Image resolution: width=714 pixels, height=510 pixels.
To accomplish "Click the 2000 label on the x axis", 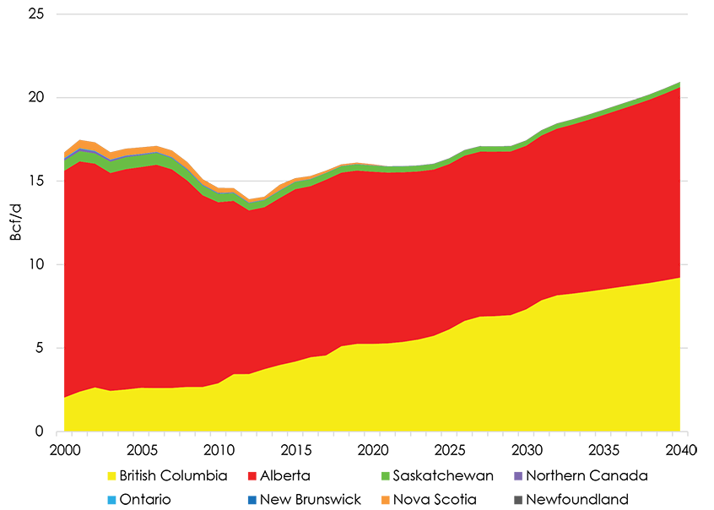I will [x=64, y=448].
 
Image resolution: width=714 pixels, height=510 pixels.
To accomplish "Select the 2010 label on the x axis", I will [x=219, y=448].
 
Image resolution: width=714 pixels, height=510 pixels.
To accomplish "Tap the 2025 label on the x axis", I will [x=449, y=448].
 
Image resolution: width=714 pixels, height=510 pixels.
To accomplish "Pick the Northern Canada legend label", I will [x=587, y=476].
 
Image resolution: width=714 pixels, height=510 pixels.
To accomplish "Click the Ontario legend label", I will [x=144, y=499].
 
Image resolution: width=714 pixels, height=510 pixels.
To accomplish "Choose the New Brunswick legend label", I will [x=310, y=499].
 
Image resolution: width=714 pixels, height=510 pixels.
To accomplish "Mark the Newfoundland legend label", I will [x=578, y=499].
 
